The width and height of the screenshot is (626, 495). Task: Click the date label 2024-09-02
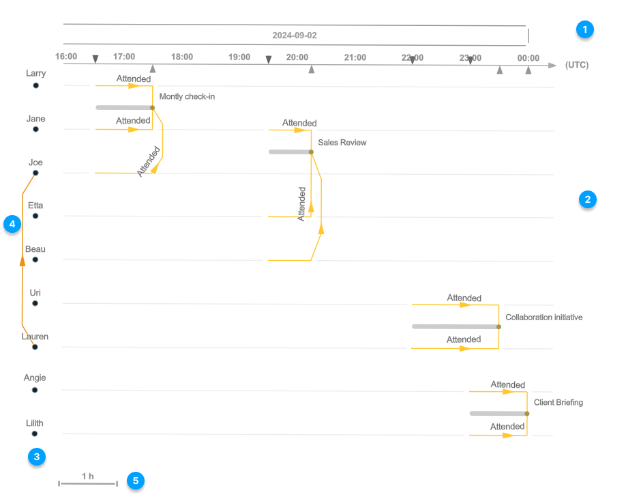[294, 35]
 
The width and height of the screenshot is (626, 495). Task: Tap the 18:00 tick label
[181, 57]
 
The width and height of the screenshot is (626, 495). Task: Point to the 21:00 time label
[355, 57]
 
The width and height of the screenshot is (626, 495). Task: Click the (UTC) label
[576, 66]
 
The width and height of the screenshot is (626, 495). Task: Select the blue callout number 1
[584, 29]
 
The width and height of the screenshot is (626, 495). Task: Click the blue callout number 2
[587, 199]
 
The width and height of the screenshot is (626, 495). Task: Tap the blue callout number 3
[37, 457]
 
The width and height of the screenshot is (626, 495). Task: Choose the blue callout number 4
[12, 224]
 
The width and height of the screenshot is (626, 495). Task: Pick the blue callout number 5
[135, 481]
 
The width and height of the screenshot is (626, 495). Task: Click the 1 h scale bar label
[87, 476]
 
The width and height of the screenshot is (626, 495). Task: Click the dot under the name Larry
[35, 85]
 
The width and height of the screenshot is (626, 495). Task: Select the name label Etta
[35, 205]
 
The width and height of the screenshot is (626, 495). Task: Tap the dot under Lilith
[35, 434]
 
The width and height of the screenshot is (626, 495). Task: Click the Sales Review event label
[342, 143]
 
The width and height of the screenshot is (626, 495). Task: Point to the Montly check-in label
[187, 97]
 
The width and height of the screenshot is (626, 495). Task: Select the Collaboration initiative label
[543, 317]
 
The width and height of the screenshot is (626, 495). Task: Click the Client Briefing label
[558, 402]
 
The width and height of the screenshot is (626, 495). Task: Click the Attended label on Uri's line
[464, 298]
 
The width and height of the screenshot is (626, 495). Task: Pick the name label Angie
[35, 378]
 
